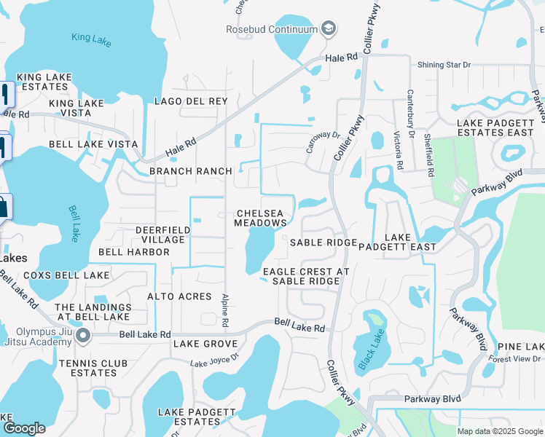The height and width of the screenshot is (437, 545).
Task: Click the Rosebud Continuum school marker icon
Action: tap(329, 28)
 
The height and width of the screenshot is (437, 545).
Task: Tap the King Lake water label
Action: tap(92, 39)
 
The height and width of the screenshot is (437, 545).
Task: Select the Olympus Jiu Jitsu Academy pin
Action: tap(82, 336)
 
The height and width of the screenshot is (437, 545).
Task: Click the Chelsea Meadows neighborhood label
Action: tap(261, 218)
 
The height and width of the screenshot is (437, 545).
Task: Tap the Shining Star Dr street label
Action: tap(444, 65)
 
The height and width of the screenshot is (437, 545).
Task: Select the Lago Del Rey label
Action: tap(191, 101)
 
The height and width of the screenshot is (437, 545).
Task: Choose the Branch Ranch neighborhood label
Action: tap(191, 171)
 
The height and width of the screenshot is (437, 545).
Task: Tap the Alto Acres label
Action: tap(179, 296)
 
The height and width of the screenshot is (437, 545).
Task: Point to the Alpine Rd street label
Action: tap(226, 310)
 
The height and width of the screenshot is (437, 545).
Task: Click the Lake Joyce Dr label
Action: tap(214, 360)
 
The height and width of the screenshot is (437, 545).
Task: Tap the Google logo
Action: tap(23, 428)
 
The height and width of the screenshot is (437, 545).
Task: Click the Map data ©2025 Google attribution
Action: tap(499, 431)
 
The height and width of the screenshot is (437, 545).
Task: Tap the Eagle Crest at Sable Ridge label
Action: tap(302, 276)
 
